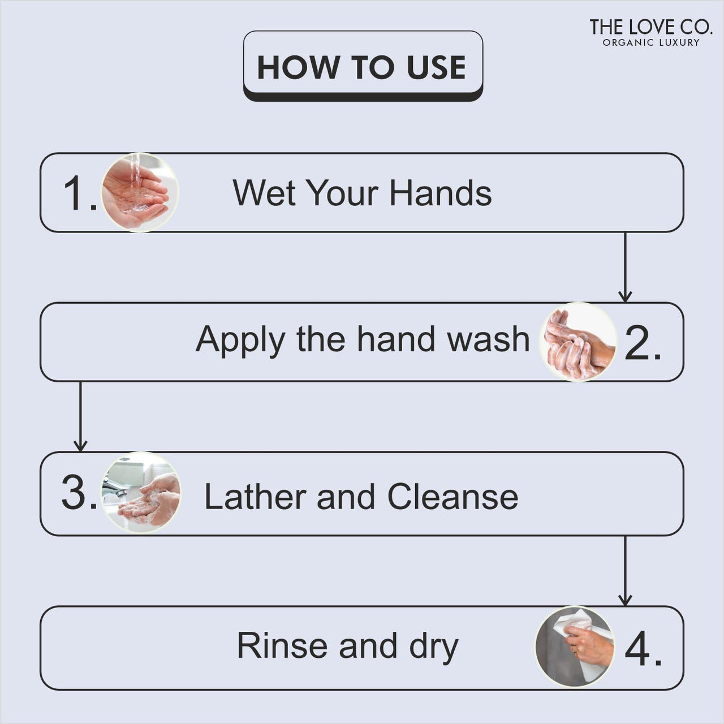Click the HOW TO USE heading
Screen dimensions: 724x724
[362, 67]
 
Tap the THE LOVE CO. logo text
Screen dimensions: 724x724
[650, 27]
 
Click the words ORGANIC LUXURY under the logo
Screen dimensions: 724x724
[650, 42]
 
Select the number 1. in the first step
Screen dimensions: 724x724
[79, 193]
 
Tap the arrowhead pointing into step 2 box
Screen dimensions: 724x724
[625, 296]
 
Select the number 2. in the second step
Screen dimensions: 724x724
[643, 343]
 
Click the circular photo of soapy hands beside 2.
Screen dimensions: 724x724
[578, 342]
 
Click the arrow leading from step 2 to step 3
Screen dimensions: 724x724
[80, 416]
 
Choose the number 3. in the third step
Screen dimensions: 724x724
[79, 493]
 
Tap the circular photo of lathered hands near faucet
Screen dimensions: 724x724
[141, 493]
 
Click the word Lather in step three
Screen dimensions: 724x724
[255, 497]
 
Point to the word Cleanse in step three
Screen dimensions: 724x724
[453, 497]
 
